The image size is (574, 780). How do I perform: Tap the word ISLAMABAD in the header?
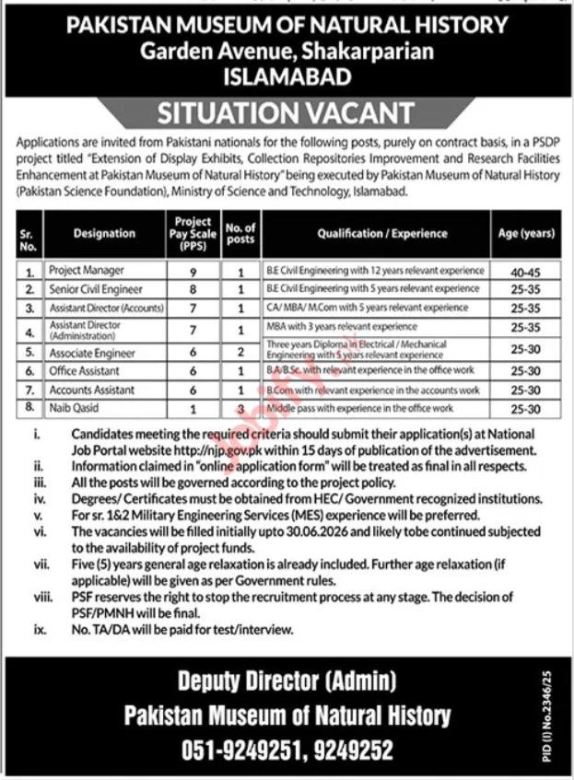(287, 77)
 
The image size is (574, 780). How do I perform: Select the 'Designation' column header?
(104, 234)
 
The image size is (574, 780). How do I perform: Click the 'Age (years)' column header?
(524, 234)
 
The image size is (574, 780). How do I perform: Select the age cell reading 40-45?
(524, 272)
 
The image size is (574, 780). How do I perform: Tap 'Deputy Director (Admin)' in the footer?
(286, 682)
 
